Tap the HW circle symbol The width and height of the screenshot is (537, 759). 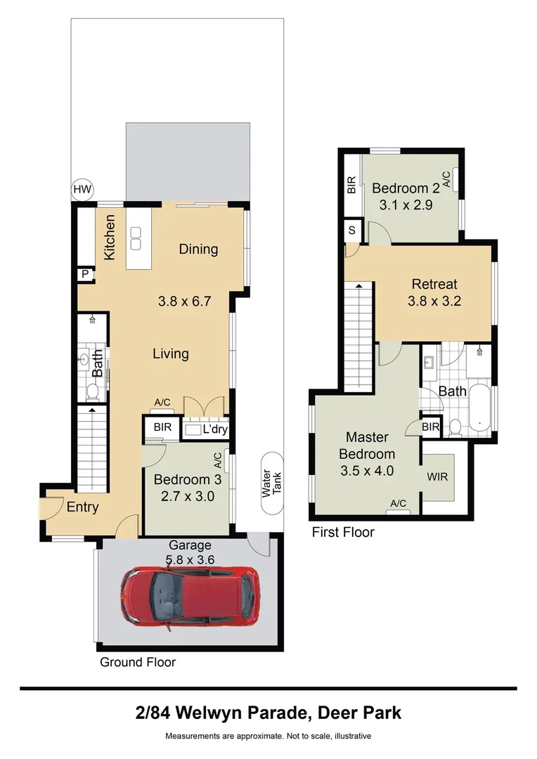click(x=83, y=189)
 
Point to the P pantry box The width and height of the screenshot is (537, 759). click(x=85, y=275)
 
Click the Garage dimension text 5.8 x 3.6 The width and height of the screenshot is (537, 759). click(x=189, y=559)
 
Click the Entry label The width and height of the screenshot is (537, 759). click(x=82, y=507)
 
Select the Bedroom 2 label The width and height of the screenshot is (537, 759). click(x=406, y=188)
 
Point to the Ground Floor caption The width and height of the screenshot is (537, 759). click(x=138, y=662)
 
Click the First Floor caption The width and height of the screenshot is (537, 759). click(x=343, y=533)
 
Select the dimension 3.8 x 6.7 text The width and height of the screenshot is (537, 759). click(x=184, y=302)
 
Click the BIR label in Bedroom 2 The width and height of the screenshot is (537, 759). click(x=351, y=185)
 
